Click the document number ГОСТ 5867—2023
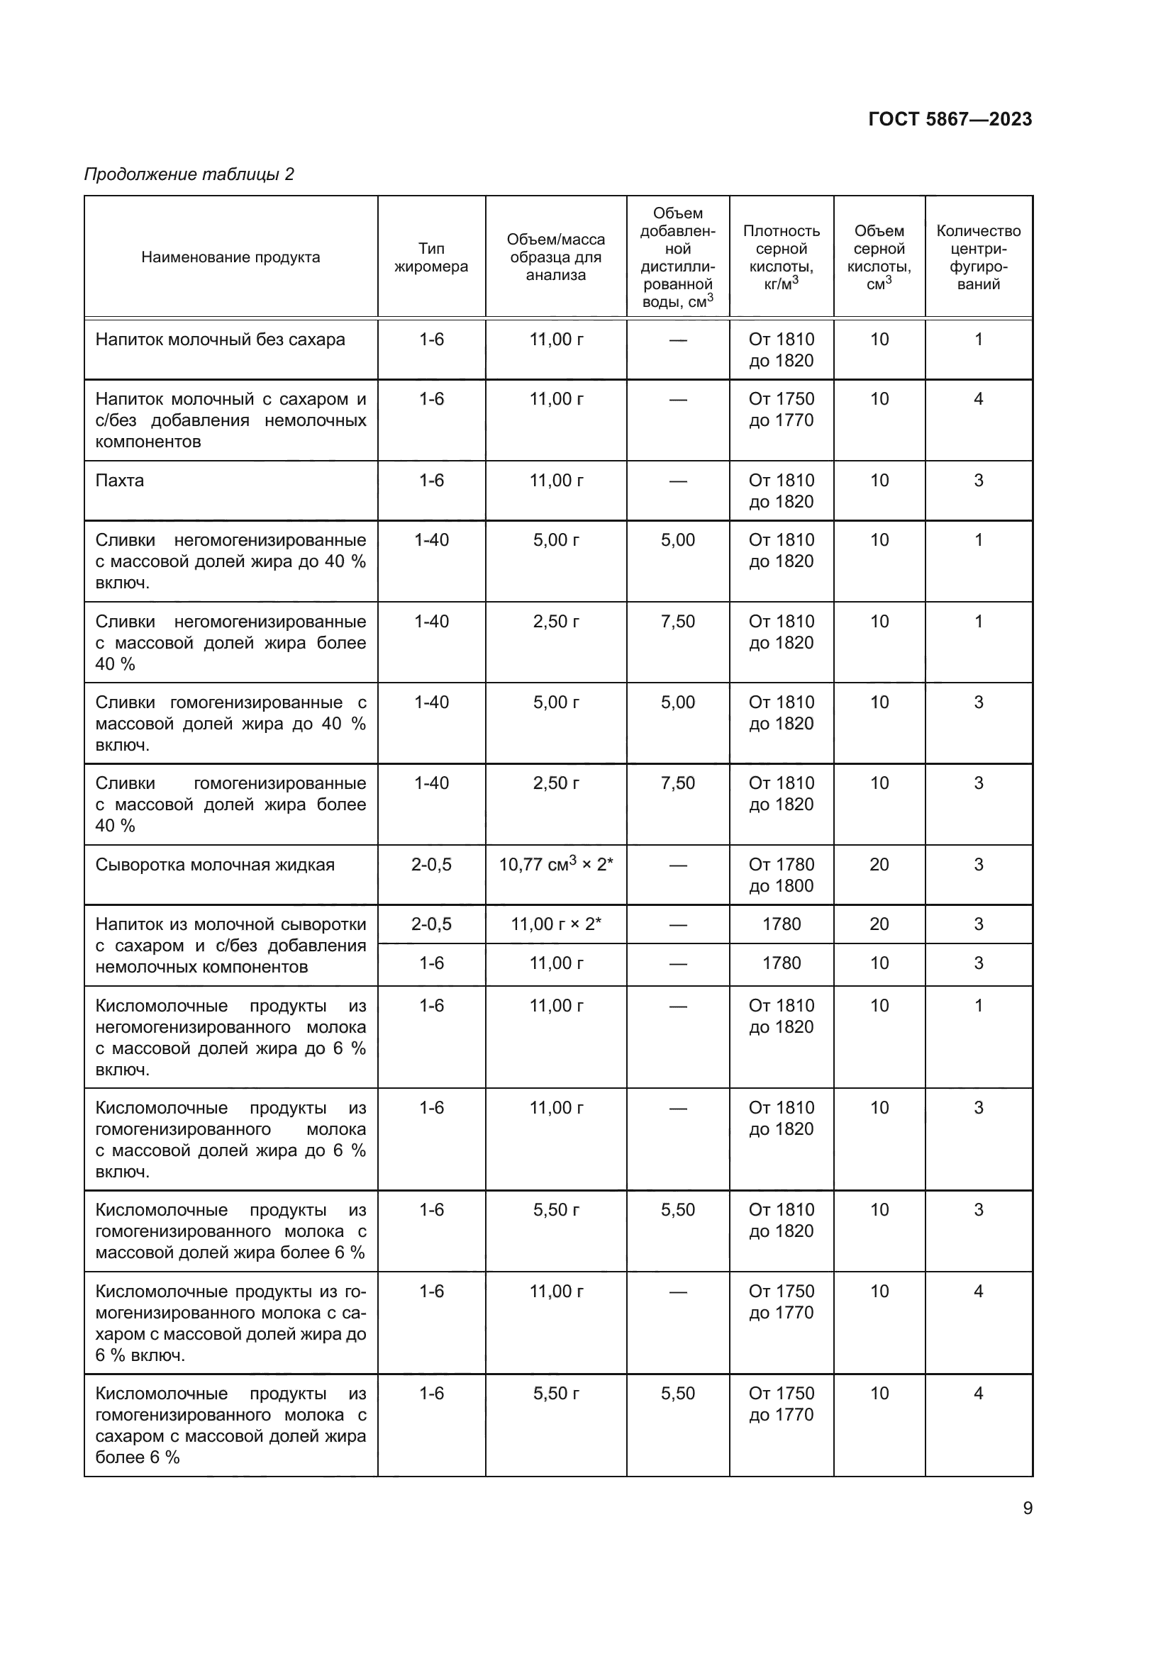(x=950, y=119)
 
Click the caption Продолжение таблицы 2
(x=189, y=174)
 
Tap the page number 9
(x=1027, y=1508)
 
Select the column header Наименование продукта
(x=230, y=257)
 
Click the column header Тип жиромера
(x=431, y=257)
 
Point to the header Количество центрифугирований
(x=978, y=257)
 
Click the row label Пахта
(x=120, y=480)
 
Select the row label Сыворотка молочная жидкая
(x=216, y=864)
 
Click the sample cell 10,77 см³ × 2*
(x=555, y=864)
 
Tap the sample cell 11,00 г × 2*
(x=555, y=924)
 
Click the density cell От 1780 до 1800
(x=781, y=875)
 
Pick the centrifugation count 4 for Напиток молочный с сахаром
(x=978, y=398)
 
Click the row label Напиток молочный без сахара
(x=221, y=340)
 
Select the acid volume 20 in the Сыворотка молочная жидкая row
(x=879, y=864)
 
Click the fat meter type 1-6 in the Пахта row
(x=431, y=480)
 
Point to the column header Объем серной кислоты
(x=879, y=257)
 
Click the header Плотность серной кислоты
(x=781, y=257)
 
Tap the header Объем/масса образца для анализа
(x=555, y=257)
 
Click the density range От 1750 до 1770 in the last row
(x=781, y=1404)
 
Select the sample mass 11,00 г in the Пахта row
(x=555, y=480)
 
